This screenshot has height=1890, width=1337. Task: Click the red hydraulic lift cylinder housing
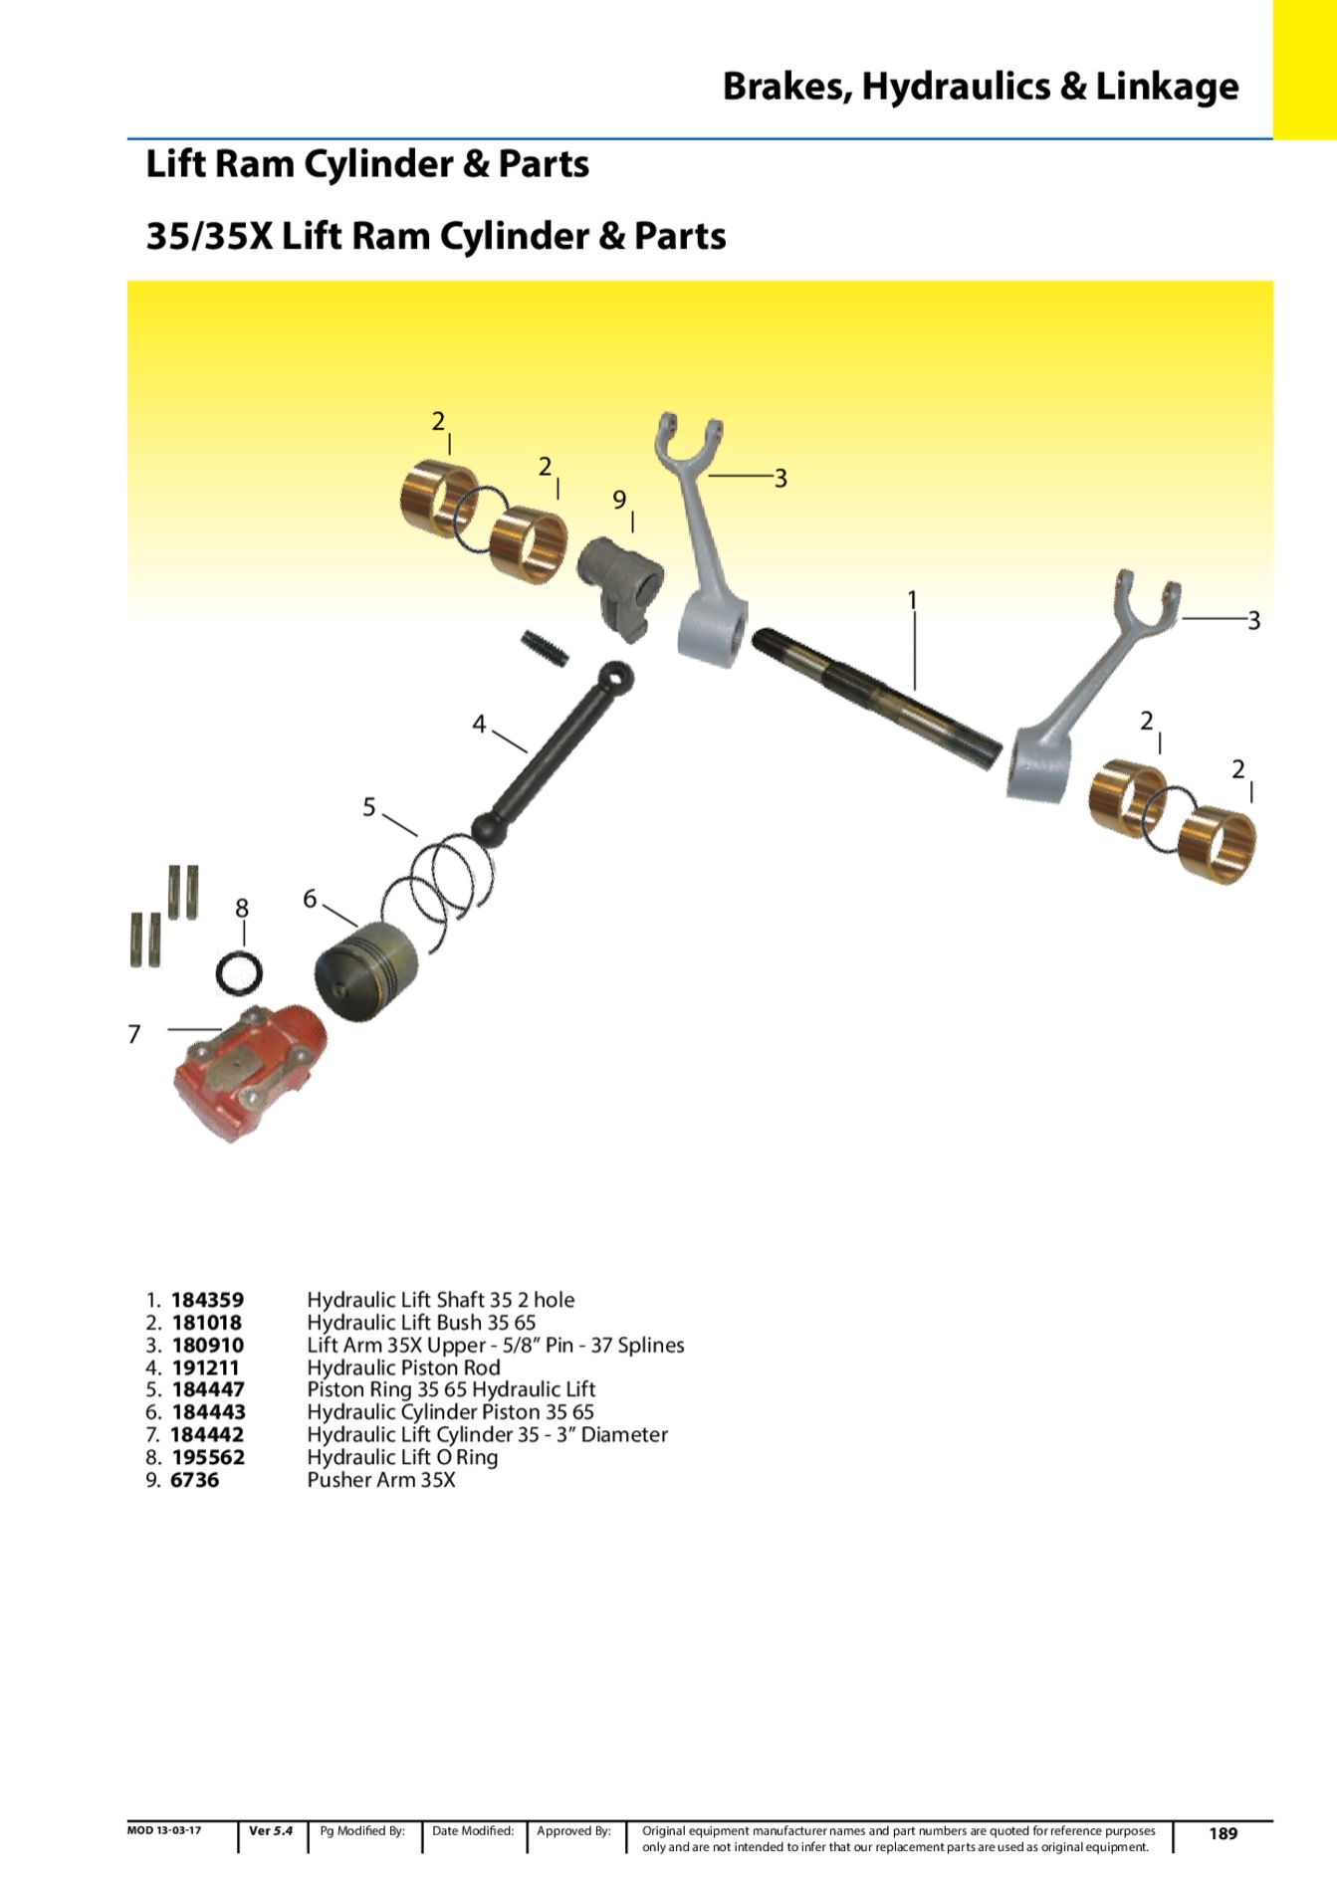pos(249,1070)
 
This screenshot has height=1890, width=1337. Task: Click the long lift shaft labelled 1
pos(876,698)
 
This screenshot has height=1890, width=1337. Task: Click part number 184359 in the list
pos(207,1300)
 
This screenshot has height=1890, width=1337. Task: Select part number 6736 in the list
pos(195,1480)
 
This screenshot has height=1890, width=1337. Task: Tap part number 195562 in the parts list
pos(208,1457)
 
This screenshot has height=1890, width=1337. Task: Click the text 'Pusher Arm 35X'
pos(381,1480)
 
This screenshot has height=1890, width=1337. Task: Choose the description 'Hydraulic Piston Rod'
pos(403,1367)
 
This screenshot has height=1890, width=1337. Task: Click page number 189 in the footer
pos(1223,1833)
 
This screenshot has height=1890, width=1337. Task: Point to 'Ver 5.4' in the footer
pos(271,1831)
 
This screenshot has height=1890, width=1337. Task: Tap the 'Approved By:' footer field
pos(573,1831)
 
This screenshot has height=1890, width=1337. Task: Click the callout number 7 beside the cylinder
pos(134,1034)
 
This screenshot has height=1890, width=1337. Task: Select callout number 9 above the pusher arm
pos(619,500)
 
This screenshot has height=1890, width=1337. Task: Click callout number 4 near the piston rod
pos(479,725)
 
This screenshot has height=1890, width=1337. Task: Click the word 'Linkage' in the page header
pos(1167,87)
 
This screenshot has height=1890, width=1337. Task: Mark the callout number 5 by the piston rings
pos(369,807)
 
